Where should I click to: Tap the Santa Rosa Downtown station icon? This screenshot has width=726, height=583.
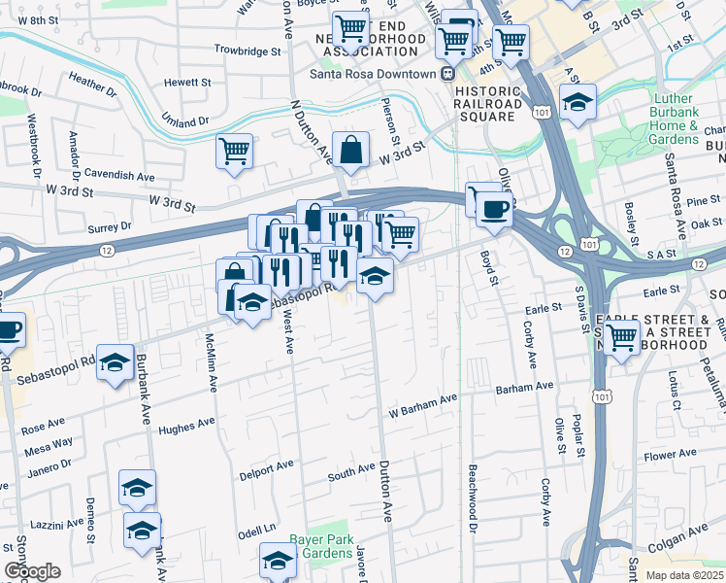click(x=448, y=74)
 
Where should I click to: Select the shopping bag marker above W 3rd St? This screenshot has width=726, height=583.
click(x=350, y=151)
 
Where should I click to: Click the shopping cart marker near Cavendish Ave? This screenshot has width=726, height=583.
click(x=234, y=152)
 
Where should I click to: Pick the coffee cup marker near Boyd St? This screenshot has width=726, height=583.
click(x=494, y=209)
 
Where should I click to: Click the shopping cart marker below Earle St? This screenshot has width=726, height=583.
click(x=621, y=337)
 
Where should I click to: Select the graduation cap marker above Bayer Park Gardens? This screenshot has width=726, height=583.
click(x=278, y=561)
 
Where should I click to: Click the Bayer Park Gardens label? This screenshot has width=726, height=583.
click(x=320, y=546)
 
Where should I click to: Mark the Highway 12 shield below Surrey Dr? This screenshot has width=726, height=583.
click(x=104, y=251)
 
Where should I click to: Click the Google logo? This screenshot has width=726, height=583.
click(x=32, y=571)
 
